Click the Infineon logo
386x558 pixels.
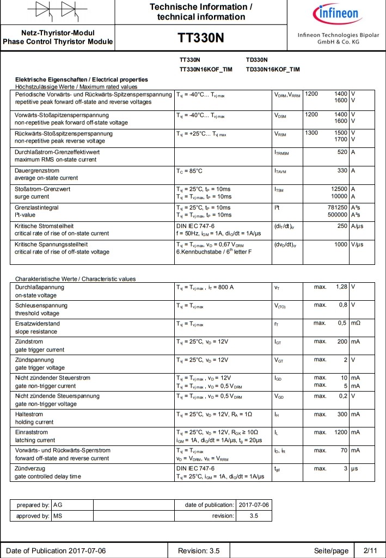coord(335,14)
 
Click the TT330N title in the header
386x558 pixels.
coord(201,38)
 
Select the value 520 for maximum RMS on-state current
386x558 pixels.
coord(342,152)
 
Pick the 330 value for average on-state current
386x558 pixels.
coord(342,171)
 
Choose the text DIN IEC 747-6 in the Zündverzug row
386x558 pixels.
coord(195,468)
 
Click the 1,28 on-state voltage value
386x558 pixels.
coord(341,287)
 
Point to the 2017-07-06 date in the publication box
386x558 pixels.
coord(254,505)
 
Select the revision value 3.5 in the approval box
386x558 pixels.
coord(254,516)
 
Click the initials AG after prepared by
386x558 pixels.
coord(58,505)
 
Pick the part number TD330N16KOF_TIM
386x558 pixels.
coord(272,69)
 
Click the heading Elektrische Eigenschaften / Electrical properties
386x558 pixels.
coord(81,80)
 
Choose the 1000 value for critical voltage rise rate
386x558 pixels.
coord(341,244)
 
